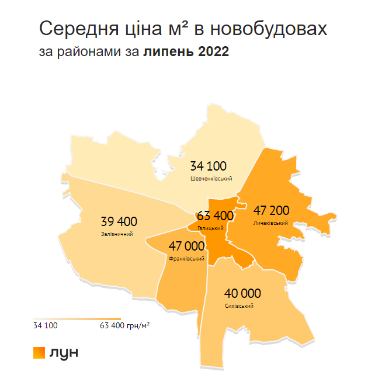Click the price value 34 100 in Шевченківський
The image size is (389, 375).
coord(208,166)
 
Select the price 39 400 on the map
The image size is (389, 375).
coord(119,222)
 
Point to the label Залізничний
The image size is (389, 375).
coord(117,234)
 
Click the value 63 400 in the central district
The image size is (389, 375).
coord(215,216)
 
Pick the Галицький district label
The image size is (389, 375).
coord(211,228)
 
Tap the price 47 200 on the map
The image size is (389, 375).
coord(272,210)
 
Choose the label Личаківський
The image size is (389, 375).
coord(271,223)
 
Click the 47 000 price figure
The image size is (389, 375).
coord(186,246)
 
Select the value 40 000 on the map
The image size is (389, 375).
coord(242,293)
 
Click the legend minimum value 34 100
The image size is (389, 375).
coord(46,325)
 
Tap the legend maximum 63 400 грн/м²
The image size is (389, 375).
coord(125,325)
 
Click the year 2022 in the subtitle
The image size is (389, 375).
coord(214,51)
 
